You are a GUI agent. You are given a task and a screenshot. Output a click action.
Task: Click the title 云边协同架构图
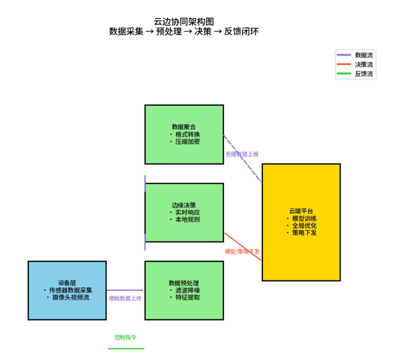pos(184,22)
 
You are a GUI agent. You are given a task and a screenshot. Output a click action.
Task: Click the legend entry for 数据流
pos(363,55)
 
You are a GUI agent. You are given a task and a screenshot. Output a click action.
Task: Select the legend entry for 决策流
pos(363,64)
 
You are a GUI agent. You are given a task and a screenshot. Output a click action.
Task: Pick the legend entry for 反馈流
pos(363,74)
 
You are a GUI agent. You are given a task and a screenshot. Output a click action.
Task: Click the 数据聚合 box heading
pos(184,127)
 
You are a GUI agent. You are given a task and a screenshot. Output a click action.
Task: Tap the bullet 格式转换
pos(187,134)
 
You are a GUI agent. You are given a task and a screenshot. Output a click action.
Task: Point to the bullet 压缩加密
pos(187,141)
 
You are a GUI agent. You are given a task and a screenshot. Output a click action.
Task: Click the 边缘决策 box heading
pos(184,205)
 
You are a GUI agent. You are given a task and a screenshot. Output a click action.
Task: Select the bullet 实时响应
pos(187,212)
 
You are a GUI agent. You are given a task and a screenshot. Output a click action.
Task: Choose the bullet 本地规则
pos(187,219)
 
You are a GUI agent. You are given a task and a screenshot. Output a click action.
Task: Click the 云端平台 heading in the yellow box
pos(301,211)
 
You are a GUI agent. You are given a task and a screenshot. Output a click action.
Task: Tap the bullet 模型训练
pos(305,218)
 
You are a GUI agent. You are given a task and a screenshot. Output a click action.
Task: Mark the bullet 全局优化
pos(305,226)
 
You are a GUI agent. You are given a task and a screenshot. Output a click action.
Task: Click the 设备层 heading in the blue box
pos(67,283)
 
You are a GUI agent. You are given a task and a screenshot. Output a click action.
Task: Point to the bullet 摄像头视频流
pos(70,297)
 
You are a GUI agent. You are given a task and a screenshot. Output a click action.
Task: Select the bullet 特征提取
pos(187,297)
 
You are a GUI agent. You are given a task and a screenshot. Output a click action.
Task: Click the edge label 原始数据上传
pos(125,298)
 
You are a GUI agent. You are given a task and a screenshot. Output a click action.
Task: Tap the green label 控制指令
pos(125,337)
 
